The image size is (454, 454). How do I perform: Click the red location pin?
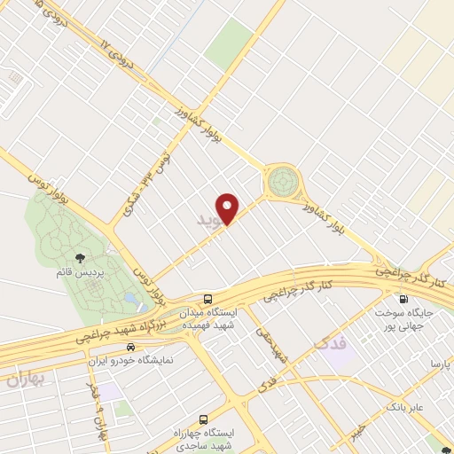[229, 207]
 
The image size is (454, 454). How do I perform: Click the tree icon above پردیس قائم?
[81, 258]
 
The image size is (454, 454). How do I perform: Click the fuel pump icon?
[404, 299]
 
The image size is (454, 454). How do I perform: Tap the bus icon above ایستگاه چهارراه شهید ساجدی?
[204, 418]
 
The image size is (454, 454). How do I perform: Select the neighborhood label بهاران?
[25, 381]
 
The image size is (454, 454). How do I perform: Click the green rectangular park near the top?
[235, 40]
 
